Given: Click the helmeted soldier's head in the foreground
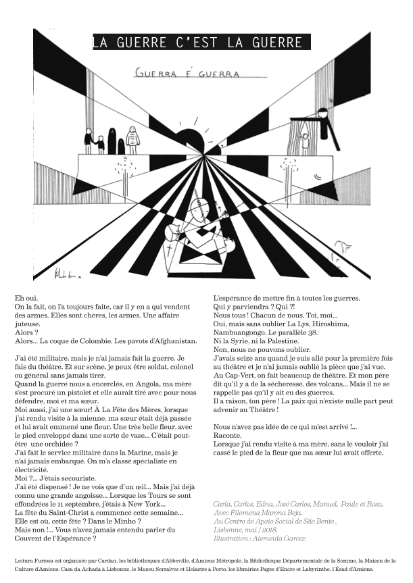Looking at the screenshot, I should pyautogui.click(x=199, y=202).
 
